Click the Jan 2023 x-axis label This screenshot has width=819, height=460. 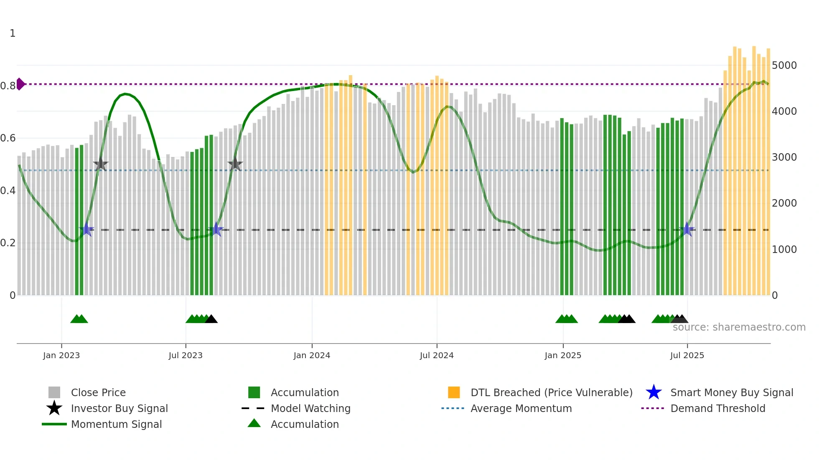point(61,355)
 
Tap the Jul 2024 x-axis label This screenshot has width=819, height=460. point(437,355)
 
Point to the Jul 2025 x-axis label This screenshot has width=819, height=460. point(687,355)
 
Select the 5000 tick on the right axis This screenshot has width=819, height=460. point(784,66)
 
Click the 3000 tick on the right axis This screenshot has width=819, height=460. point(784,157)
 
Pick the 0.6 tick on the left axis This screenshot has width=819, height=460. point(8,138)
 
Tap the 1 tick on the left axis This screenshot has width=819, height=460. point(13,33)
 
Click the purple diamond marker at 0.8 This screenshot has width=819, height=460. point(20,84)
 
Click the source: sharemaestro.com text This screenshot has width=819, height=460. point(739,327)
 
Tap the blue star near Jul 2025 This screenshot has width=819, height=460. point(687,229)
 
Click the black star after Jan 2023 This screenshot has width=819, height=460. point(101,164)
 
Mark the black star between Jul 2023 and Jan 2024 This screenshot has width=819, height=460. point(235,164)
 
